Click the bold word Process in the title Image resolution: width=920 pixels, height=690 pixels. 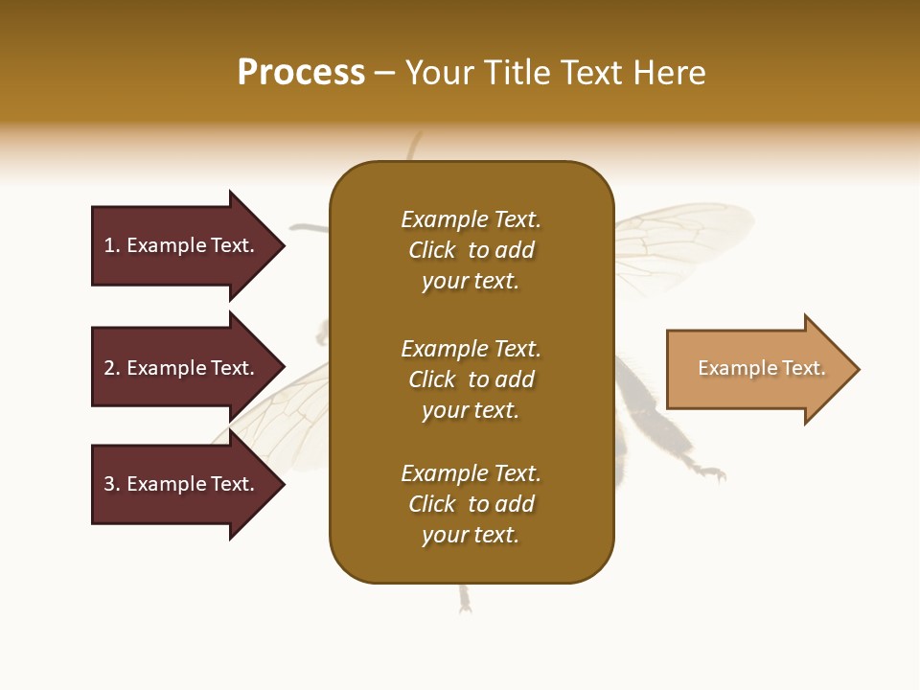tap(301, 73)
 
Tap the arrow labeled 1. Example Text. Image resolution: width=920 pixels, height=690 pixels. tap(182, 245)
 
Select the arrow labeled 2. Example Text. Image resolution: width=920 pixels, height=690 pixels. tap(182, 368)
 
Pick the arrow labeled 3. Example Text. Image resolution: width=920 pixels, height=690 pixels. tap(182, 484)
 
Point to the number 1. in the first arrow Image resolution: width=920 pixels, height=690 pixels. tap(112, 245)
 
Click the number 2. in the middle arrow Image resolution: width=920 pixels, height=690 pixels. tap(112, 368)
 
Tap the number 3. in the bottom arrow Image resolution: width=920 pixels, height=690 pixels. tap(112, 484)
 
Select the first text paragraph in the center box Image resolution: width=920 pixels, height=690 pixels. tap(471, 250)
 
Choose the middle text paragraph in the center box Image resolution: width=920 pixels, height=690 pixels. tap(471, 379)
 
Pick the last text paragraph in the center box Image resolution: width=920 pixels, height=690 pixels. tap(471, 504)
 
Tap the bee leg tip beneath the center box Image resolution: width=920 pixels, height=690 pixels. tap(465, 602)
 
